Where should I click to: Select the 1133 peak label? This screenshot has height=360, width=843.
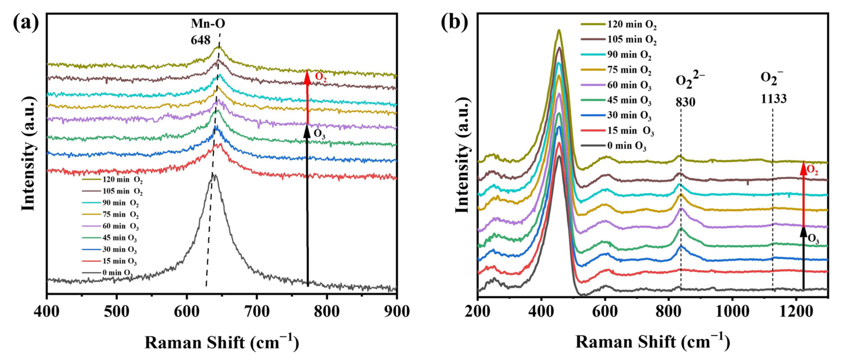pyautogui.click(x=773, y=99)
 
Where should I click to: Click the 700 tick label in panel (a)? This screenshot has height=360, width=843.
pyautogui.click(x=257, y=311)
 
